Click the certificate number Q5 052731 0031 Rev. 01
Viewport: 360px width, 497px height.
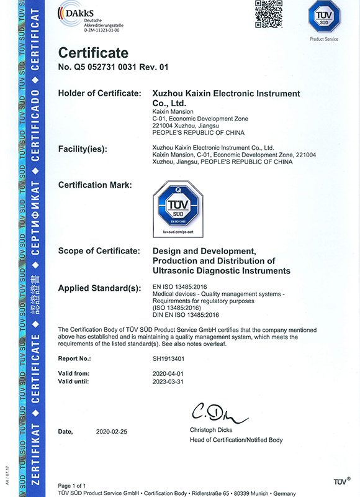(113, 66)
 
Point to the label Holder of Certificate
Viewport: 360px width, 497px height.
(99, 93)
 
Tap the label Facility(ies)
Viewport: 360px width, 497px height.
(83, 149)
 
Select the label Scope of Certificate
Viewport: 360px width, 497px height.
(98, 251)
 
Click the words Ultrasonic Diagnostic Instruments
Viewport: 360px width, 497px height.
(221, 271)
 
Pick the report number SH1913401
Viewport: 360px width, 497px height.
(168, 358)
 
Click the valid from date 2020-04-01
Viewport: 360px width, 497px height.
(168, 373)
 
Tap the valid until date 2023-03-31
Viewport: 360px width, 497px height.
(168, 381)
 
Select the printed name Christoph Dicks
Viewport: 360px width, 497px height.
(212, 431)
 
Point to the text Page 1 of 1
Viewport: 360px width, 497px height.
(72, 485)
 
